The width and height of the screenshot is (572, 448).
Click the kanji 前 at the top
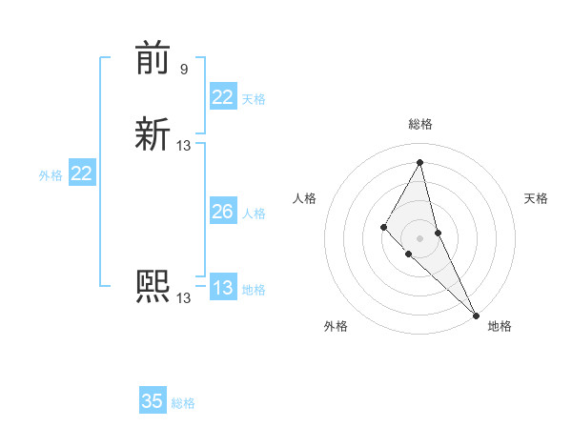pos(153,59)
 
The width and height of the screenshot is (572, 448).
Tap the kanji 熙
pos(153,286)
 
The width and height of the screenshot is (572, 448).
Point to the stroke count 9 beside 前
pos(183,69)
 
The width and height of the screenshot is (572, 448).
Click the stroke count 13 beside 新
pos(184,146)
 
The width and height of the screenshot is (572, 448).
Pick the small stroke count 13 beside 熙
pos(184,297)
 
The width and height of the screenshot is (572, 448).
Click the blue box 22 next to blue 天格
pos(223,97)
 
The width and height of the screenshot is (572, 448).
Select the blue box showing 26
pos(223,213)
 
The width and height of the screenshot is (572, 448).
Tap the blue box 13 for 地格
pos(223,288)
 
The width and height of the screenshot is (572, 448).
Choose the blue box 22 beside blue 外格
pos(82,173)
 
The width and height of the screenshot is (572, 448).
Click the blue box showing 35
pos(153,401)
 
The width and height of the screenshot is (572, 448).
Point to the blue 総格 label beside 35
pos(183,403)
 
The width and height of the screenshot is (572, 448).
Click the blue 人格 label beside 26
pos(254,214)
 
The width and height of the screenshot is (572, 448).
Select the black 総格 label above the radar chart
pos(420,124)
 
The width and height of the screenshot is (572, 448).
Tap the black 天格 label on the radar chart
pos(536,198)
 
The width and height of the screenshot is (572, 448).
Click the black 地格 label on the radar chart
pos(500,326)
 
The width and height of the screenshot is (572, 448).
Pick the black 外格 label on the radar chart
pos(336,326)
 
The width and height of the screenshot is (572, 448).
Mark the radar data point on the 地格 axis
pos(475,314)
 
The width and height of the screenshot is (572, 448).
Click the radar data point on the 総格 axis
pos(420,162)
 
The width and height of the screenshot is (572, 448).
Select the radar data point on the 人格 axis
pos(383,226)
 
